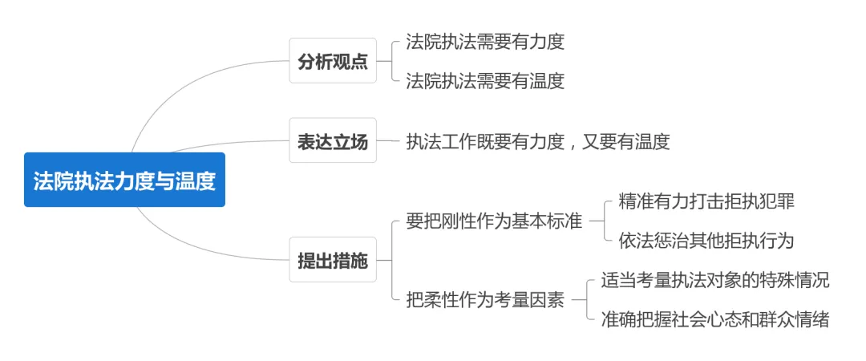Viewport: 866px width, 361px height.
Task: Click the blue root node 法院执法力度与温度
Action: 124,180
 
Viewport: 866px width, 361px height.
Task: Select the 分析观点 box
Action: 333,61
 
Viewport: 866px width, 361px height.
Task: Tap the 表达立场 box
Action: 333,140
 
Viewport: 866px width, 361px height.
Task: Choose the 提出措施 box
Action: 333,260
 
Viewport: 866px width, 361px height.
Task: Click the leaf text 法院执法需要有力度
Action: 485,42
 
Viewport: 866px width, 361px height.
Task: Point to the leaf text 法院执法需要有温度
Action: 485,81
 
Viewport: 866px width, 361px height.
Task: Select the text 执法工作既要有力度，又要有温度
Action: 538,141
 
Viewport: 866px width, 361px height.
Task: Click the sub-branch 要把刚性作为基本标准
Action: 494,221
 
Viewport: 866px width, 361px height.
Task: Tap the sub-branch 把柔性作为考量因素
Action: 485,300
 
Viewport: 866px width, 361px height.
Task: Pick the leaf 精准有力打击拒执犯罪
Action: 706,201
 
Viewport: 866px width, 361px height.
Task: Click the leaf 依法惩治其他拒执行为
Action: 706,241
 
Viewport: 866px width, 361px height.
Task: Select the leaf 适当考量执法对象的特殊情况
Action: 715,280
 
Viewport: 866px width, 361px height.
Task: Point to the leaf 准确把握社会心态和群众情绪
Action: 715,319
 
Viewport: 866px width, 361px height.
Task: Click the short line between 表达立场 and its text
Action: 388,140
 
